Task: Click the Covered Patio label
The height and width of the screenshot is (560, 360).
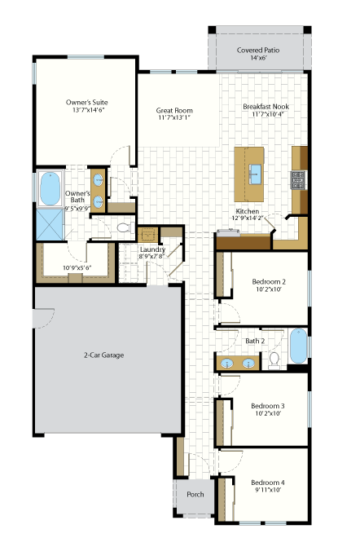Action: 258,51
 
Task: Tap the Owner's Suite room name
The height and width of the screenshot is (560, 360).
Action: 86,103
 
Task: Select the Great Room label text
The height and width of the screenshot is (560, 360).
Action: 174,111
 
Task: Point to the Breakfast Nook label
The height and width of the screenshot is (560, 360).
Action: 266,107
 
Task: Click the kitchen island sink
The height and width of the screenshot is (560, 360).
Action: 254,174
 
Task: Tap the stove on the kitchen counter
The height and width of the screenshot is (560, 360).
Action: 298,180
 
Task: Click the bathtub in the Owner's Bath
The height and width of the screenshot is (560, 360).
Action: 50,189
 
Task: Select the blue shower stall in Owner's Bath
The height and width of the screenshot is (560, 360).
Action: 50,224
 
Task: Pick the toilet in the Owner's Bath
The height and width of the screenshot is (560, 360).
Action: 125,227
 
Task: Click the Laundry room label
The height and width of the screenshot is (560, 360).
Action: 152,249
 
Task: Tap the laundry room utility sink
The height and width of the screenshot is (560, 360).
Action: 147,235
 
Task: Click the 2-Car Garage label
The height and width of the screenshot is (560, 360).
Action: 103,355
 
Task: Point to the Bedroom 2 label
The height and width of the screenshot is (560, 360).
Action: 268,282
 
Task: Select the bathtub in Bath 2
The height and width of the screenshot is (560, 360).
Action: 298,346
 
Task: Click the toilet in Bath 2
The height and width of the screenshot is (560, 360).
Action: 274,360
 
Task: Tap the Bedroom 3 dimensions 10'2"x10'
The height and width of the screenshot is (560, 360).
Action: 268,413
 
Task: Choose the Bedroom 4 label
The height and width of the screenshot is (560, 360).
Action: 268,483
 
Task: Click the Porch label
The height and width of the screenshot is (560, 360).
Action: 195,495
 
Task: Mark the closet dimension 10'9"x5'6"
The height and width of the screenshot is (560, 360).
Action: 77,267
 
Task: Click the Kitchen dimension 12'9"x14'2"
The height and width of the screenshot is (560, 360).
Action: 248,218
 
